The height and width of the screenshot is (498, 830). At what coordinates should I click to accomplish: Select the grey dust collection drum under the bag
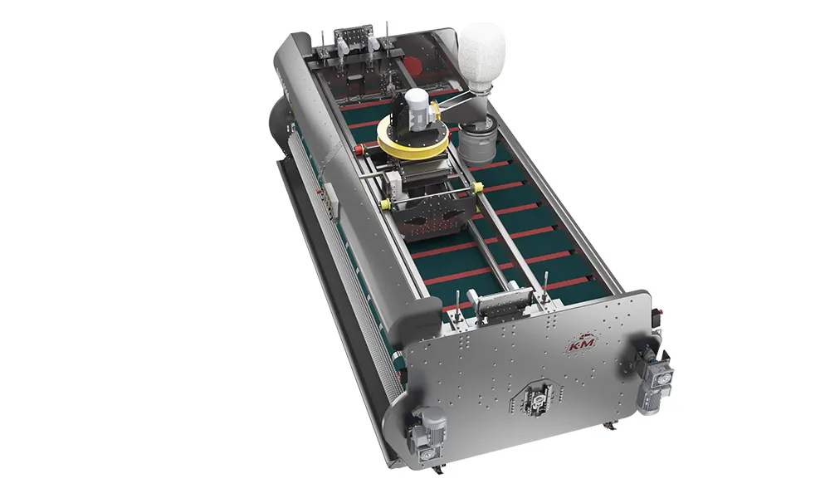pos(477,140)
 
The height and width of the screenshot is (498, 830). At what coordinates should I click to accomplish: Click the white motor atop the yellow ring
pos(416,109)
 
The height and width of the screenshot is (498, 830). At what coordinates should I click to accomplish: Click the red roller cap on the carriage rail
pos(361,149)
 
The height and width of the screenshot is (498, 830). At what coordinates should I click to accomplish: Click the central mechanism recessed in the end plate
pos(535,403)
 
